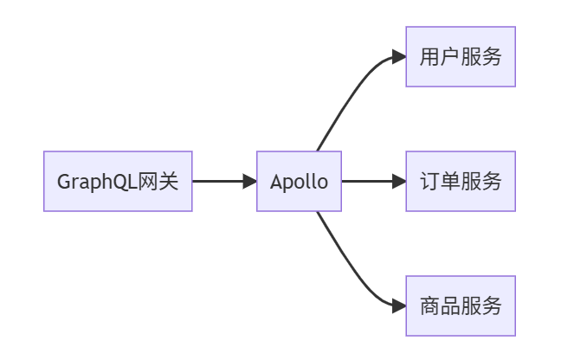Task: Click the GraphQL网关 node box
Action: tap(117, 182)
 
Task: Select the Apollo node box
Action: tap(299, 182)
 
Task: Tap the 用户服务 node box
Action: tap(461, 57)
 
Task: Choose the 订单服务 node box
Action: tap(461, 182)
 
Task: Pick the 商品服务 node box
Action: tap(461, 306)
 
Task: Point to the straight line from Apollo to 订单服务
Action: tap(368, 182)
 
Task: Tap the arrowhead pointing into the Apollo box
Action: tap(250, 182)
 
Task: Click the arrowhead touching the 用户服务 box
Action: tap(399, 57)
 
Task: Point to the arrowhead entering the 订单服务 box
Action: tap(399, 182)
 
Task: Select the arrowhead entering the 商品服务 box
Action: tap(399, 306)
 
